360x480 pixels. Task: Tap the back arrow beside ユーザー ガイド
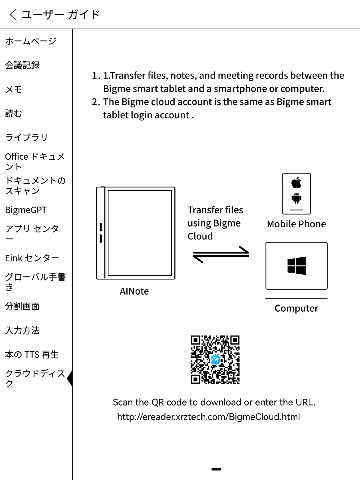click(13, 14)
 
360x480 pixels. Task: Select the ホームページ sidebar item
click(31, 41)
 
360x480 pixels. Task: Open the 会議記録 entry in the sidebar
click(22, 65)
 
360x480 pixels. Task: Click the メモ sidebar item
click(14, 89)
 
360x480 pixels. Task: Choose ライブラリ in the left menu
click(26, 137)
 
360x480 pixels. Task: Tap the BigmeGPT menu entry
click(26, 210)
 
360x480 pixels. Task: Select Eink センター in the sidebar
click(32, 258)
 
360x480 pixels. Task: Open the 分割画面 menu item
click(22, 306)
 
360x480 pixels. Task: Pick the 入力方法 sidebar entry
click(22, 330)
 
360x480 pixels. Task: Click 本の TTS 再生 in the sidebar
click(32, 355)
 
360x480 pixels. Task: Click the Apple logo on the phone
click(296, 182)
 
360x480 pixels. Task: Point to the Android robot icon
click(296, 198)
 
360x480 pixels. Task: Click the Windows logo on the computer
click(296, 266)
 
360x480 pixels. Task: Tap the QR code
click(215, 360)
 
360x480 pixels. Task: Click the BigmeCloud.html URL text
click(208, 417)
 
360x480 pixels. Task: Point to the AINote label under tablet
click(134, 291)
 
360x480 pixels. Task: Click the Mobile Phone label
click(296, 224)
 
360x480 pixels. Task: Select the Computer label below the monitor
click(296, 308)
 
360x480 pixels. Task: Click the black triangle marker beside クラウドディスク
click(70, 378)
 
